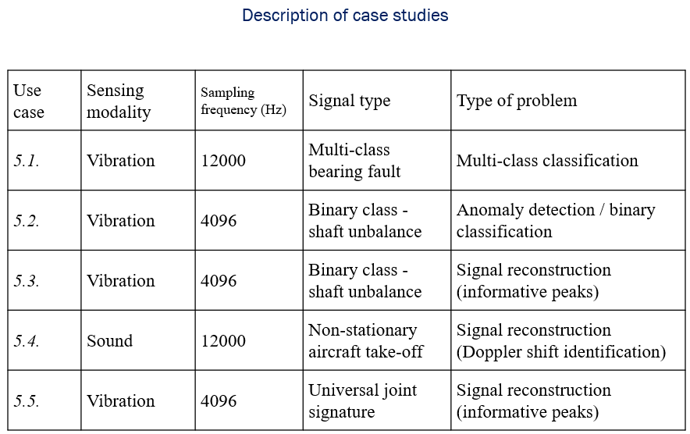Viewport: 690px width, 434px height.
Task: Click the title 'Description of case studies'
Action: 345,16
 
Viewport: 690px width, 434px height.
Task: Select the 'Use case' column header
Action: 29,101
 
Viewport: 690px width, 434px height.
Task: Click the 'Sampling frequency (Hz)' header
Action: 243,101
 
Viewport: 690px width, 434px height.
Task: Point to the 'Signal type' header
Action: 349,101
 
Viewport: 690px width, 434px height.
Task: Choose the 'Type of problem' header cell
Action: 517,101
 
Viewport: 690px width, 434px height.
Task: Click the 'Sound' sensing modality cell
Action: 110,341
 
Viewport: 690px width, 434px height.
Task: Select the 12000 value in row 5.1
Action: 223,161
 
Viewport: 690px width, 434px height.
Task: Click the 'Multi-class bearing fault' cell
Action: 354,161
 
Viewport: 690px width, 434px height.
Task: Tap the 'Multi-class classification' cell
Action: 547,161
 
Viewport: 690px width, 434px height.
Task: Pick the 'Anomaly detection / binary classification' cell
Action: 556,221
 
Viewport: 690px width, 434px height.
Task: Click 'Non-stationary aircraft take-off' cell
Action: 365,341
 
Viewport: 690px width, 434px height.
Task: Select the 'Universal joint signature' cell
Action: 363,401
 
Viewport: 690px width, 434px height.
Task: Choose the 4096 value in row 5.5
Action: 219,401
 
